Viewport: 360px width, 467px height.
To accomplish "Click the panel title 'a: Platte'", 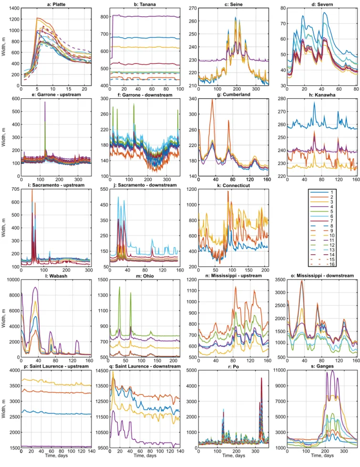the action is [x=56, y=4].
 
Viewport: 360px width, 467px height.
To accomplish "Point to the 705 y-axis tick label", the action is [x=15, y=189].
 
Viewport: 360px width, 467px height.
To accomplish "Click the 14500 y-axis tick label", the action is [x=102, y=371].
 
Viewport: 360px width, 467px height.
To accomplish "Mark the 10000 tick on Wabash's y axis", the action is [x=13, y=280].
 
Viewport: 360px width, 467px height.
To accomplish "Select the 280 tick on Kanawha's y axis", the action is [x=282, y=99].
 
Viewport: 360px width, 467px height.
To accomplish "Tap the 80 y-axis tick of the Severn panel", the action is [x=283, y=8].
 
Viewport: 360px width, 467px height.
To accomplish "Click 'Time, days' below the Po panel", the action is [x=234, y=456].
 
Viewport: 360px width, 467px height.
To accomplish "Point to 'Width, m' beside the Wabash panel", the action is [x=3, y=318].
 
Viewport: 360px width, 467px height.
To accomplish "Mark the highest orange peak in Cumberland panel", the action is [x=212, y=100].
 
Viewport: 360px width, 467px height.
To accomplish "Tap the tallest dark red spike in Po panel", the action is [x=261, y=378].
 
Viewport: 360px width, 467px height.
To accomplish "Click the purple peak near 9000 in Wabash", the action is [x=35, y=287].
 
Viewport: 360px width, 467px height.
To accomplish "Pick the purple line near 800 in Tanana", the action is [x=145, y=16].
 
